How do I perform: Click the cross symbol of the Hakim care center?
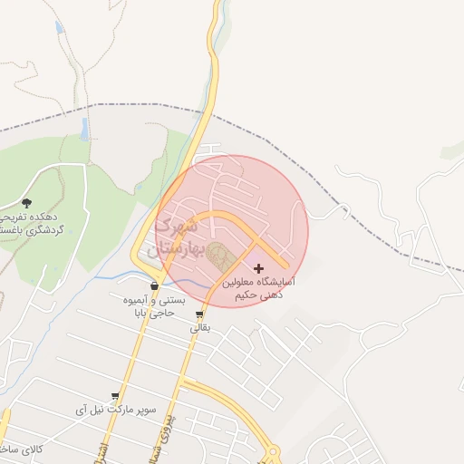click(x=260, y=268)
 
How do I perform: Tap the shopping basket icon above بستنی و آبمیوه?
click(x=155, y=286)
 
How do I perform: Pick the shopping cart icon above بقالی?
click(x=199, y=315)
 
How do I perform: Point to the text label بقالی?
click(x=199, y=328)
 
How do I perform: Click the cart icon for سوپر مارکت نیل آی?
click(x=115, y=397)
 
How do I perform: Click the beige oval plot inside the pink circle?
click(x=218, y=256)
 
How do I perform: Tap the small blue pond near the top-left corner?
click(x=60, y=28)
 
